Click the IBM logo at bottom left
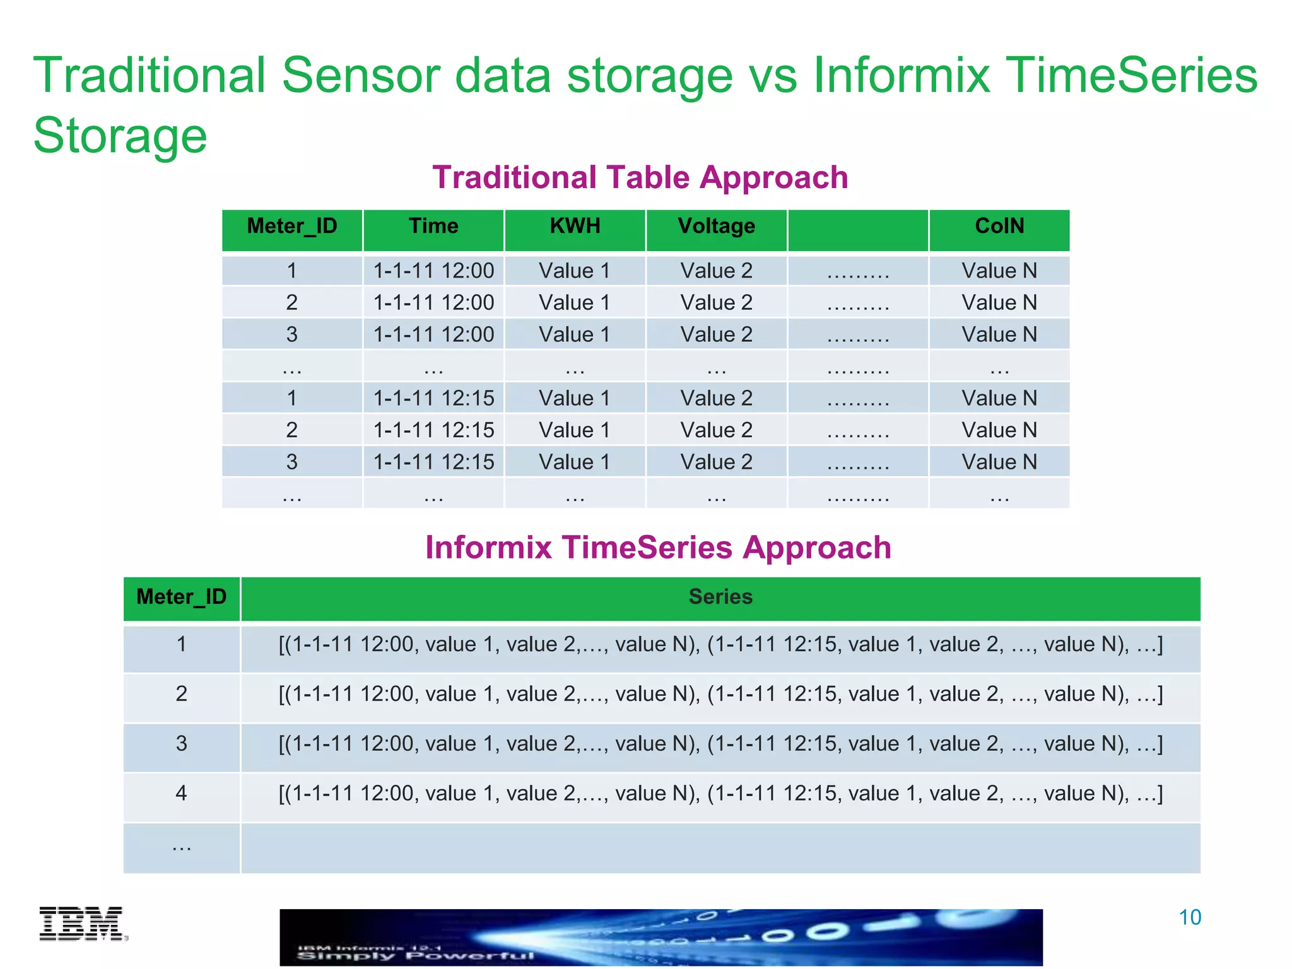tap(83, 924)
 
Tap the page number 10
tap(1189, 917)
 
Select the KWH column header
tap(575, 226)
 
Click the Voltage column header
tap(716, 226)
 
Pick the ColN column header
tap(999, 226)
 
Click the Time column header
tap(433, 226)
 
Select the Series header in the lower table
tap(720, 597)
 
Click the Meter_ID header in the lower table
tap(181, 597)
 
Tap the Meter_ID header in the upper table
tap(291, 226)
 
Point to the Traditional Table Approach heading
tap(640, 177)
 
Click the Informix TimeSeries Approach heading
tap(658, 547)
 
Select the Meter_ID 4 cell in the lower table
tap(181, 793)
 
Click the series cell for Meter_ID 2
tap(720, 694)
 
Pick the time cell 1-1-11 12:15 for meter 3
tap(433, 462)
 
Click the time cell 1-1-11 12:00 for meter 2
tap(433, 302)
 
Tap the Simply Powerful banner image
tap(661, 937)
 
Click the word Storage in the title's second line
tap(120, 136)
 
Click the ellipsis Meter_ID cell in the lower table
tap(181, 847)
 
